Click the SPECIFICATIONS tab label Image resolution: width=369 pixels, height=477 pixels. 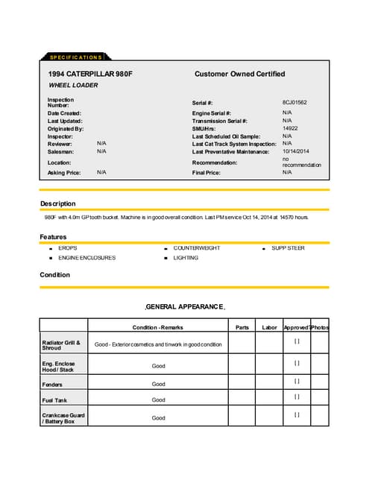(75, 57)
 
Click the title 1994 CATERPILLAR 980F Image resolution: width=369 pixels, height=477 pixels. (90, 74)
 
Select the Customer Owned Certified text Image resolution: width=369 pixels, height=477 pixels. (239, 74)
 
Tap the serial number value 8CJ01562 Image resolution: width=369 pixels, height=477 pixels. (294, 101)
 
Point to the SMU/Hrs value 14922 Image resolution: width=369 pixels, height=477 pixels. (290, 128)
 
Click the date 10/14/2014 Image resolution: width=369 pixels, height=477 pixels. (295, 151)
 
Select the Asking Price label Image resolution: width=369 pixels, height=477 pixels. (63, 172)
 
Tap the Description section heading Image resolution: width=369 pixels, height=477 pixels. (57, 203)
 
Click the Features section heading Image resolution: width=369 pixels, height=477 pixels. (54, 237)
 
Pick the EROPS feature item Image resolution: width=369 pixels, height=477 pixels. (68, 248)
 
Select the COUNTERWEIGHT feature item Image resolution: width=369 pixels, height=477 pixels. (196, 248)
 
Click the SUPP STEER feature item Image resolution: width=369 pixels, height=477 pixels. (288, 248)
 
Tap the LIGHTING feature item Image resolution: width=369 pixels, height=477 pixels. (186, 258)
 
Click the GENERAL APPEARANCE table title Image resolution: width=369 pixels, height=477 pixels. (184, 306)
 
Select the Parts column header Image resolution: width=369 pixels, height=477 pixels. (242, 327)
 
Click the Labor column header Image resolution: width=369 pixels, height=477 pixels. (269, 327)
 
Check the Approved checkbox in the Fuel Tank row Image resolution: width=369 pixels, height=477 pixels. (297, 398)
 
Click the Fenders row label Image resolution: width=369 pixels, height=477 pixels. (52, 385)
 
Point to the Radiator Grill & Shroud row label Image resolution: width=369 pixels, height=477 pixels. (60, 344)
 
